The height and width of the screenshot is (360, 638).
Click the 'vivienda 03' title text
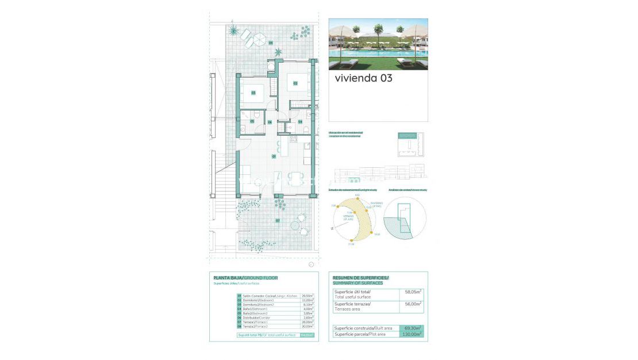(x=363, y=78)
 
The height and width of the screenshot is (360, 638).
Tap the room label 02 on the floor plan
(x=295, y=83)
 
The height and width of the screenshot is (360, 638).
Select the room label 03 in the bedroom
(x=253, y=92)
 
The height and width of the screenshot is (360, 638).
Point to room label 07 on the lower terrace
(x=277, y=220)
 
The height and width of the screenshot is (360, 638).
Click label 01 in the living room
(x=274, y=156)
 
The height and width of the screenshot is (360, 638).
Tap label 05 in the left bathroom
(x=252, y=121)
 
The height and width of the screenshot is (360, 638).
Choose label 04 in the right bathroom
(x=300, y=121)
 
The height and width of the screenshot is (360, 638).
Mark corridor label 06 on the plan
(x=270, y=122)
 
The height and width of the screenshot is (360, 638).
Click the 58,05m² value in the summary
(x=411, y=292)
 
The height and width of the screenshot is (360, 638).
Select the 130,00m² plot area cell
(x=411, y=334)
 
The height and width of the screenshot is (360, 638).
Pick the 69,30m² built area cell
(x=411, y=328)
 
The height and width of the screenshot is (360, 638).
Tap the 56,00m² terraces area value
(x=411, y=304)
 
